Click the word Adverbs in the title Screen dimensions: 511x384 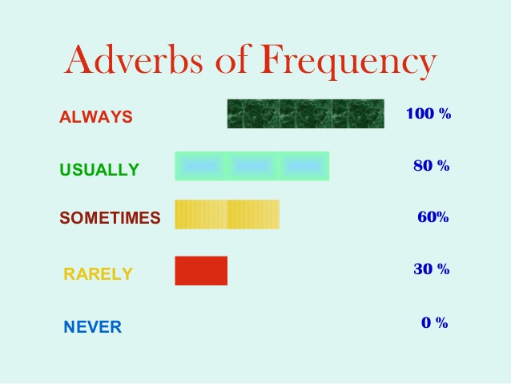[x=133, y=59]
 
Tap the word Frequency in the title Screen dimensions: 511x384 [x=348, y=62]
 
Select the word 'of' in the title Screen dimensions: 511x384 [x=233, y=59]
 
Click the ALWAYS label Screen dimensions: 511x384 [x=96, y=117]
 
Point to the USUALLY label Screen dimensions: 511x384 [x=99, y=170]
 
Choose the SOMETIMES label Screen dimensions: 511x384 [x=111, y=218]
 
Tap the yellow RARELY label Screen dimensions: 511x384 [x=98, y=273]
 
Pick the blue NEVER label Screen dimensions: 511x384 [x=93, y=327]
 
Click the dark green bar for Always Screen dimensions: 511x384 [x=306, y=114]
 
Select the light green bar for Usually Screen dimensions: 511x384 [x=252, y=166]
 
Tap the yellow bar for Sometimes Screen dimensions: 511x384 [x=227, y=214]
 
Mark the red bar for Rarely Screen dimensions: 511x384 [x=201, y=271]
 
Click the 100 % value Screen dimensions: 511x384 [x=429, y=114]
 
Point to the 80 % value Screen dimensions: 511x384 [x=432, y=166]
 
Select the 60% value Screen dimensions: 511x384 [x=433, y=217]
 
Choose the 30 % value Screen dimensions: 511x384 [x=432, y=269]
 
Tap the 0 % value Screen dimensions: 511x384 [x=435, y=322]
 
